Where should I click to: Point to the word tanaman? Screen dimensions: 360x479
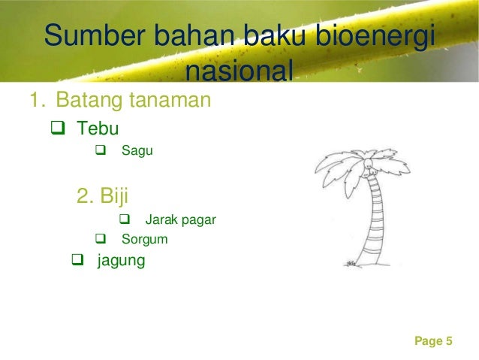(170, 99)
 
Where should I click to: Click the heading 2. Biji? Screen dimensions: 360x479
(103, 196)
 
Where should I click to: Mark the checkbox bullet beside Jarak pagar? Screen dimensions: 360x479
(125, 220)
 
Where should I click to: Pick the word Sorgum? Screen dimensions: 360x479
(145, 241)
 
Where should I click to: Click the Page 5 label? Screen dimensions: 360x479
(433, 341)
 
